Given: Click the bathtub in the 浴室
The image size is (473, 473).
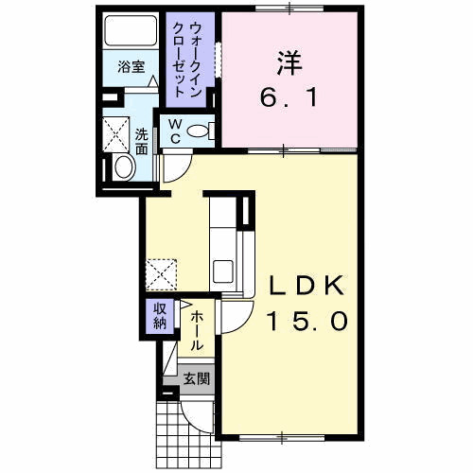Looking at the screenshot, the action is pyautogui.click(x=131, y=30).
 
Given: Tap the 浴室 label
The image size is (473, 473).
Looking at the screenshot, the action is pyautogui.click(x=131, y=67).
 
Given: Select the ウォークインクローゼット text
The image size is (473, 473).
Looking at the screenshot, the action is pyautogui.click(x=187, y=59).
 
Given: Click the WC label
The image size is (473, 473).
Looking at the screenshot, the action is pyautogui.click(x=174, y=131).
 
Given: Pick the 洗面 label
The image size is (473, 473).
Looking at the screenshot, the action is pyautogui.click(x=142, y=142).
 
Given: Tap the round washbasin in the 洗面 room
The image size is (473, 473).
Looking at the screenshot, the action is pyautogui.click(x=125, y=167).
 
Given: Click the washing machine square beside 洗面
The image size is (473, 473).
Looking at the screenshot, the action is pyautogui.click(x=116, y=134).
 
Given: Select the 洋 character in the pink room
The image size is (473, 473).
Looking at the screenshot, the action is pyautogui.click(x=289, y=63).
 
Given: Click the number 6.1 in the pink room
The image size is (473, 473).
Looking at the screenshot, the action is pyautogui.click(x=289, y=97).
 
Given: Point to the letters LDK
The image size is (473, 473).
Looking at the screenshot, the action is pyautogui.click(x=306, y=285).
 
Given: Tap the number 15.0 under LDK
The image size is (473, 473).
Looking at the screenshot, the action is pyautogui.click(x=307, y=321).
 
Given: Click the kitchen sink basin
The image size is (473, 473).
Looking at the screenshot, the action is pyautogui.click(x=223, y=272).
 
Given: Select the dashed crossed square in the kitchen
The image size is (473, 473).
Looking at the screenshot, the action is pyautogui.click(x=161, y=274).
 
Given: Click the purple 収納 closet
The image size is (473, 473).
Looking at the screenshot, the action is pyautogui.click(x=160, y=316).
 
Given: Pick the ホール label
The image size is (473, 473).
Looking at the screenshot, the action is pyautogui.click(x=197, y=331).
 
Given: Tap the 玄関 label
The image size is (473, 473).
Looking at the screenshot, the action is pyautogui.click(x=197, y=378).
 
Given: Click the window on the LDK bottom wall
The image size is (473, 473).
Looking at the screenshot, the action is pyautogui.click(x=282, y=437).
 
